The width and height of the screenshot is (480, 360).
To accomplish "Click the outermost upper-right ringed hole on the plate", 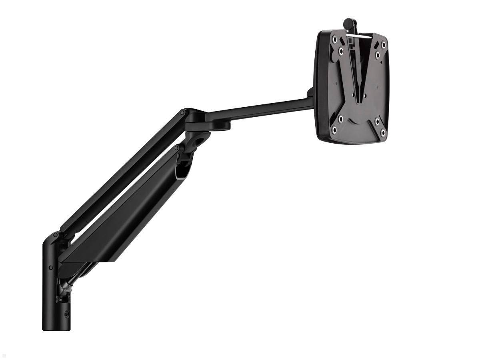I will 384,45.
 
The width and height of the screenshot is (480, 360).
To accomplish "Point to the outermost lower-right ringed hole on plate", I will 383,132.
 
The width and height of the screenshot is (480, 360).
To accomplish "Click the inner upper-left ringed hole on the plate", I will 341,52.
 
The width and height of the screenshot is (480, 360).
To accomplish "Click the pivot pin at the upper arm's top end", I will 182,113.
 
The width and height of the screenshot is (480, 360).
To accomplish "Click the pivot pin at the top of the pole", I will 54,236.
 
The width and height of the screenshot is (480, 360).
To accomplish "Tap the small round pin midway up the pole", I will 51,268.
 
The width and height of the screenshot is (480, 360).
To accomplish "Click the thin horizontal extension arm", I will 260,110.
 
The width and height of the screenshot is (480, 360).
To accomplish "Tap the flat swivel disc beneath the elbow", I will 218,126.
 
